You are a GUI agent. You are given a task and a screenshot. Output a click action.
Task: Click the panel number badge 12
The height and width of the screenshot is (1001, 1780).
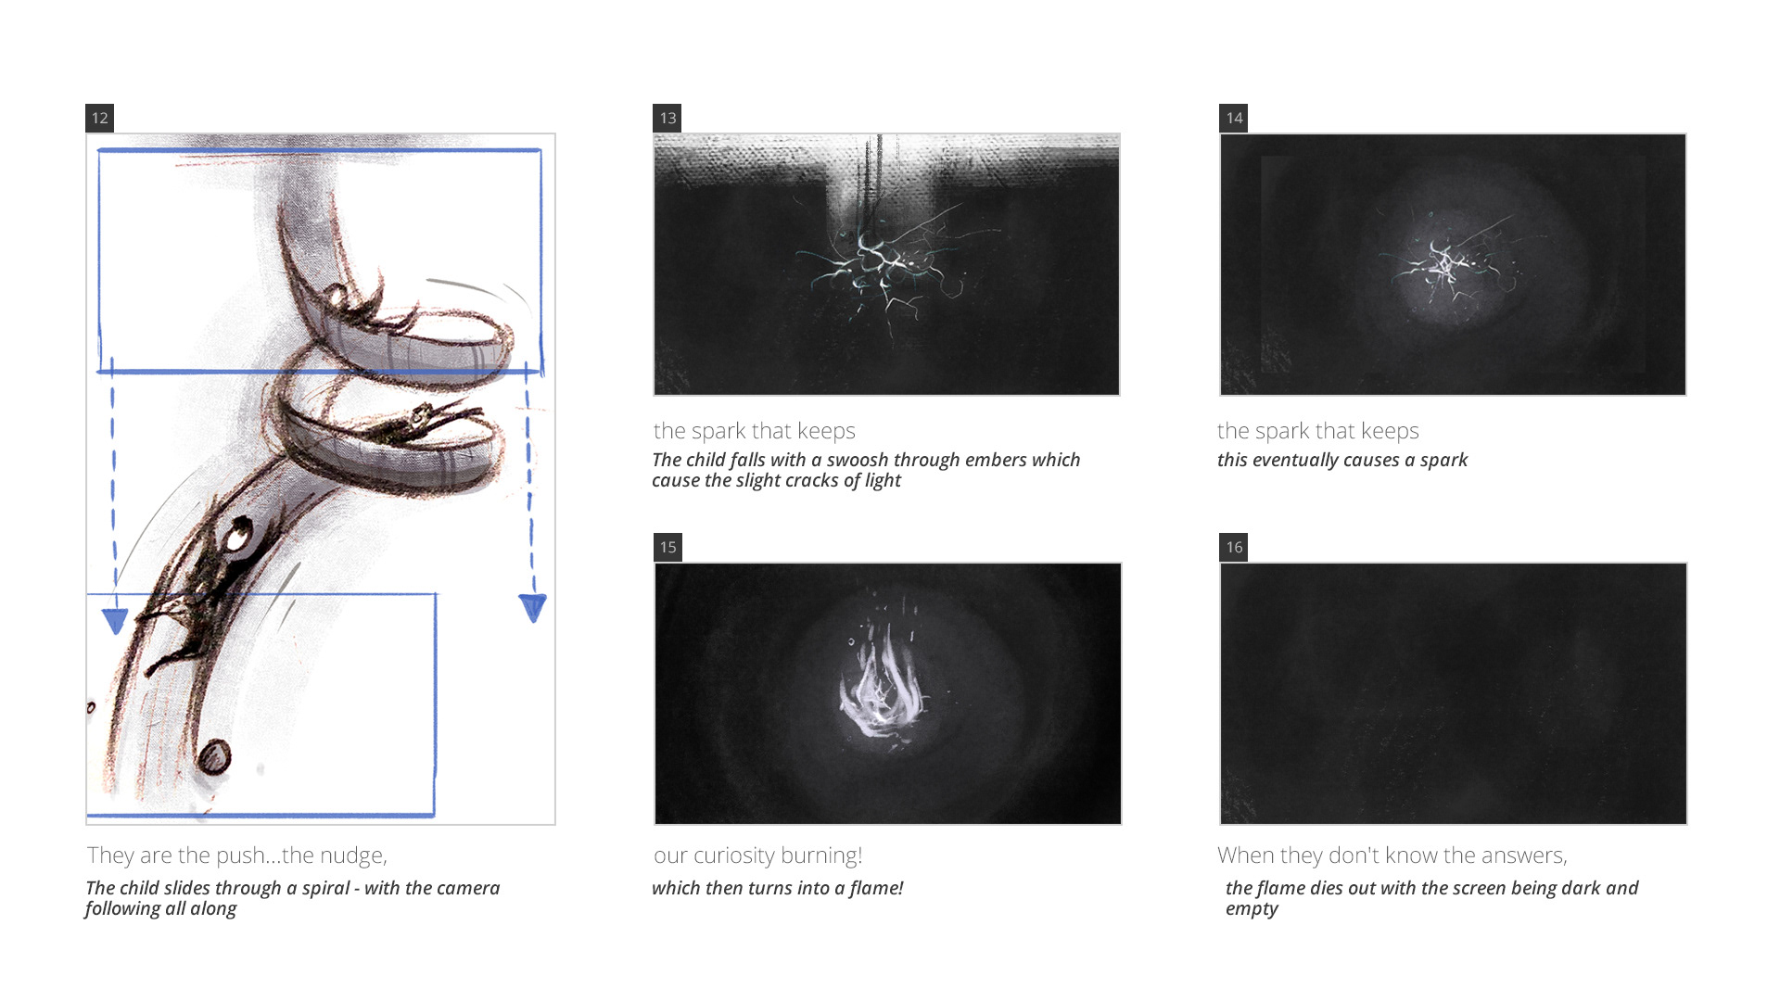point(99,118)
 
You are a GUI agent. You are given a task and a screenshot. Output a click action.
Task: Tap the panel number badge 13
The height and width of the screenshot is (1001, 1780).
point(667,118)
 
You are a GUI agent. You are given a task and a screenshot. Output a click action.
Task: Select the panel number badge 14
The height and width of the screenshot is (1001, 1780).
point(1233,118)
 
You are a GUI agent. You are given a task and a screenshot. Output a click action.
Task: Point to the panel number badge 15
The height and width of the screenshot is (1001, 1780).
point(667,547)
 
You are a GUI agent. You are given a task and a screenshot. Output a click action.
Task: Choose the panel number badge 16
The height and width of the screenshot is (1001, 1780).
point(1233,547)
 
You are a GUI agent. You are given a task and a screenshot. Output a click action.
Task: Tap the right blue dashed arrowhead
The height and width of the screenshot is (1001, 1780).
point(533,608)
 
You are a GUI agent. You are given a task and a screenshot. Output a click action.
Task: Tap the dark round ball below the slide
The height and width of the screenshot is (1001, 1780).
point(215,757)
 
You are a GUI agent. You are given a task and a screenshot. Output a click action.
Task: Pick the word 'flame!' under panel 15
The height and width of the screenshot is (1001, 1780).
point(876,888)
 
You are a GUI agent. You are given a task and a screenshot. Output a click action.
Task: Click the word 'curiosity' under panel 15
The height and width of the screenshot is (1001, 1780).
point(734,855)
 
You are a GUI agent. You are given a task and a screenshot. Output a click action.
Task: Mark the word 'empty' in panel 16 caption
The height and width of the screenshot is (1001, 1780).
point(1252,909)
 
